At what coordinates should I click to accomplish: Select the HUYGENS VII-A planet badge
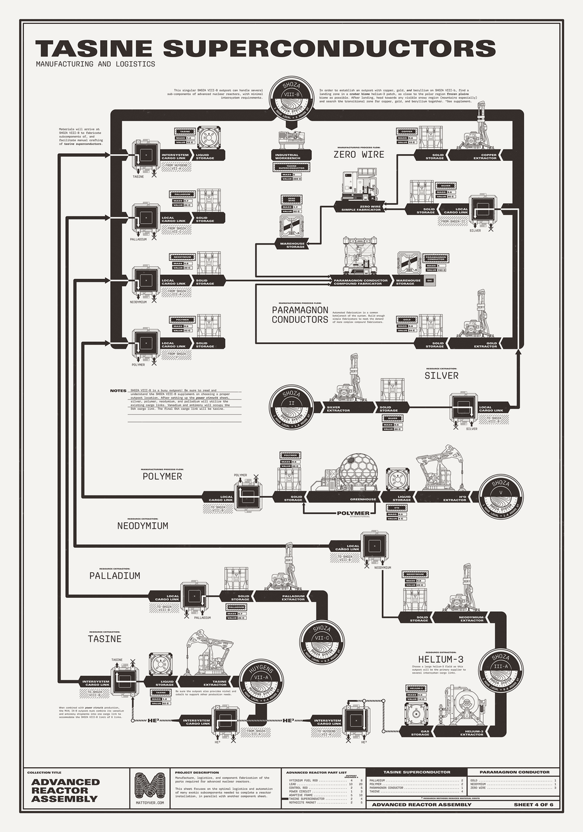point(261,682)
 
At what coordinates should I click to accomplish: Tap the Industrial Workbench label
point(287,156)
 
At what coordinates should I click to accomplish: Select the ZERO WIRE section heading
point(359,154)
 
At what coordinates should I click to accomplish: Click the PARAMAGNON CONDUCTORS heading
point(300,315)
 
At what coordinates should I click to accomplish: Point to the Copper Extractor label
point(484,156)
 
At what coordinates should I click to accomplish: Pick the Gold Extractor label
point(484,344)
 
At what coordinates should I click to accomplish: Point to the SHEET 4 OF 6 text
point(533,805)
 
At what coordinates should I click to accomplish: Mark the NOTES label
point(118,391)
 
